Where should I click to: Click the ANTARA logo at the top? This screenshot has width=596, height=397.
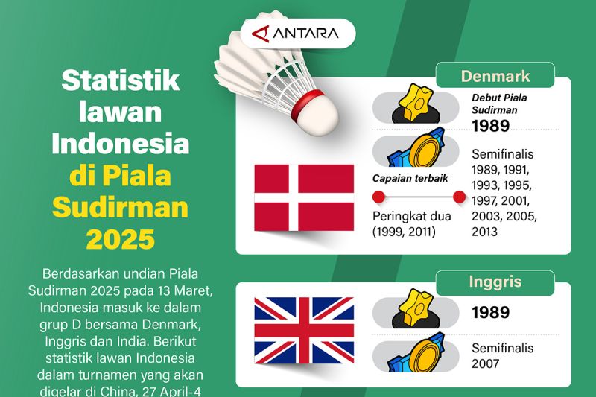point(297,34)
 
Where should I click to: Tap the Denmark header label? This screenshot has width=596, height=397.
point(495,76)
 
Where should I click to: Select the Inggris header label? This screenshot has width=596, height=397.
point(495,282)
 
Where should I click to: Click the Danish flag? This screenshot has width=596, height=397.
point(304,197)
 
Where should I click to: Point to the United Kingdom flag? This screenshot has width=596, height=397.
point(304,330)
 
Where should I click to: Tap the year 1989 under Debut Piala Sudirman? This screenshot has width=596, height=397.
point(490,126)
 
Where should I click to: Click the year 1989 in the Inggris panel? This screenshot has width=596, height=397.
point(490,312)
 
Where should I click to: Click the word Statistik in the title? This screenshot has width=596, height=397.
point(120,81)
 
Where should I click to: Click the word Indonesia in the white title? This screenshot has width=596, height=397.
point(120,144)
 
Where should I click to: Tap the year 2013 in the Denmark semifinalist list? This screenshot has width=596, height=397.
point(486,232)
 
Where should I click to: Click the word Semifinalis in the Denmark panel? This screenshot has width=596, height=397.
point(503,154)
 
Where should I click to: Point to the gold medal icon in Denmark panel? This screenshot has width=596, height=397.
point(422,152)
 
